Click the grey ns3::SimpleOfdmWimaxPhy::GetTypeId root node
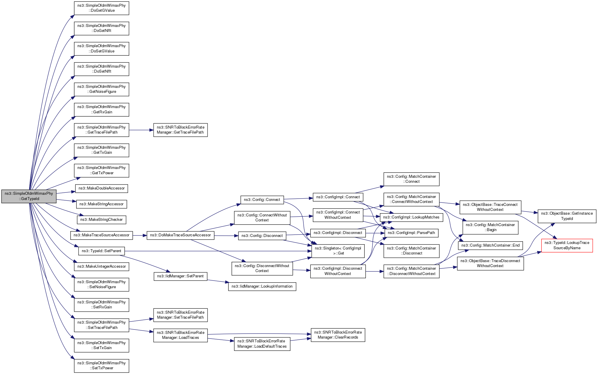pos(29,196)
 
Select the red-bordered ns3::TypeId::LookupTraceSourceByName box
pos(567,245)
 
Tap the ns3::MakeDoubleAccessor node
pos(101,188)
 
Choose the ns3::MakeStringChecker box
pos(101,220)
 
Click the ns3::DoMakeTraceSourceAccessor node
pos(180,235)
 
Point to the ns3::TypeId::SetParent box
pos(101,251)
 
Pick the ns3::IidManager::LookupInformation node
pos(262,286)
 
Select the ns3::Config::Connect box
pos(262,200)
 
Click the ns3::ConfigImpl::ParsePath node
pos(411,233)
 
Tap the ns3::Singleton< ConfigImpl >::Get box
pos(338,251)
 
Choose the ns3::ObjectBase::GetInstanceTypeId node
pos(567,216)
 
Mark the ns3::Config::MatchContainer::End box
pos(490,245)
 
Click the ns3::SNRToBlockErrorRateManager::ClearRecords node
pos(338,335)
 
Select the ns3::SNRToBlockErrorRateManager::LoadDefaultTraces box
pos(262,344)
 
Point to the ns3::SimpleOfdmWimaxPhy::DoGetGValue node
pos(101,8)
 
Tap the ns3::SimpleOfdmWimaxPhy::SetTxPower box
pos(101,366)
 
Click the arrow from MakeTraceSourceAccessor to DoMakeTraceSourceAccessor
pos(140,235)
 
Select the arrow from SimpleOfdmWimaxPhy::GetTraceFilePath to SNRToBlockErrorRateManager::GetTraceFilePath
pos(141,130)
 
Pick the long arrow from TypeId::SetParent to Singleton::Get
pos(217,251)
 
